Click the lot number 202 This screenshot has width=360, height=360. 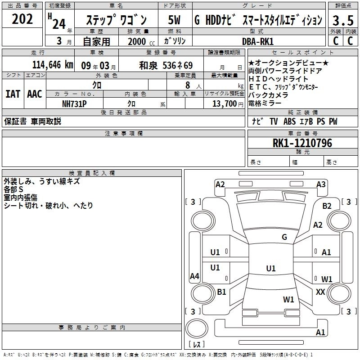pos(22,20)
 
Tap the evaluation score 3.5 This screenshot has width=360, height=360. pos(342,20)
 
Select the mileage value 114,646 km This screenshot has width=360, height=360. pos(53,65)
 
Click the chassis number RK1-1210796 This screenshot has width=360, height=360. pos(302,144)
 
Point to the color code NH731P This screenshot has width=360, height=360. pos(74,103)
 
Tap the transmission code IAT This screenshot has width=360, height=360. pos(13,94)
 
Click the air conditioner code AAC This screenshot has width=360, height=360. pos(35,94)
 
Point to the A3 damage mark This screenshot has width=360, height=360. pos(321,184)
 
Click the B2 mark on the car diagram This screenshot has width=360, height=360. pos(327,206)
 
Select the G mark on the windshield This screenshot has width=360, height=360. pos(284,237)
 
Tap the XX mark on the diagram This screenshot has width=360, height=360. pos(320,292)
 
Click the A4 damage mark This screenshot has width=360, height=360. pos(194,276)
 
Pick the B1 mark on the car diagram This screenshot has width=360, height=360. pos(221,292)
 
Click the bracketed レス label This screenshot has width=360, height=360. pos(197,344)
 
